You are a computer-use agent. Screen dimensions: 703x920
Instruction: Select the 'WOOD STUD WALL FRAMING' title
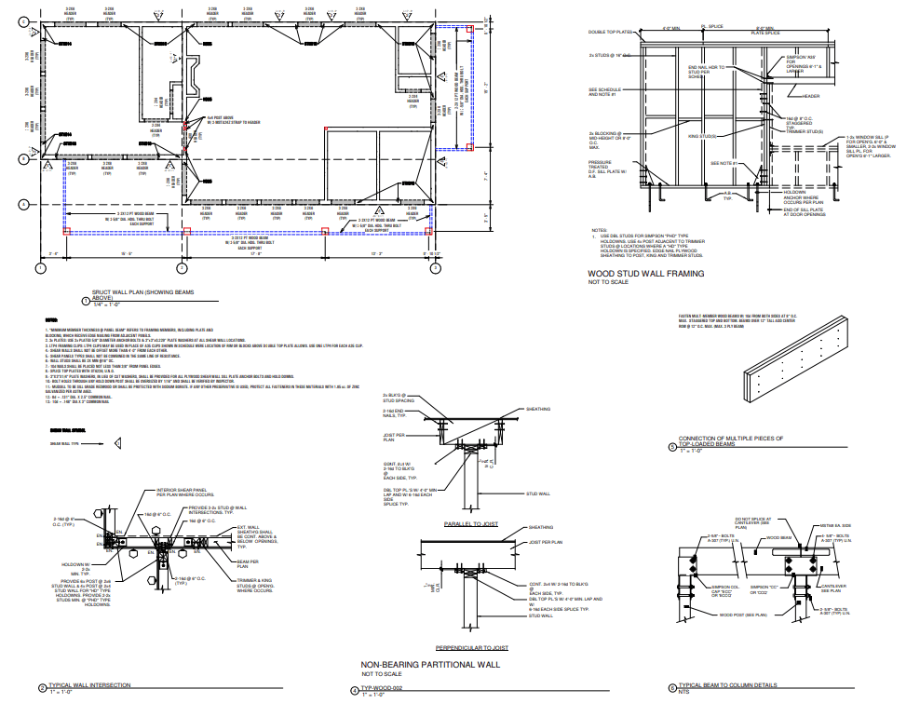coord(645,274)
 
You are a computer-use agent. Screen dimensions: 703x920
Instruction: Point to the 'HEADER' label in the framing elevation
coord(811,95)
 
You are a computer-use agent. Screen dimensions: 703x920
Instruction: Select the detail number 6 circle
coord(672,689)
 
